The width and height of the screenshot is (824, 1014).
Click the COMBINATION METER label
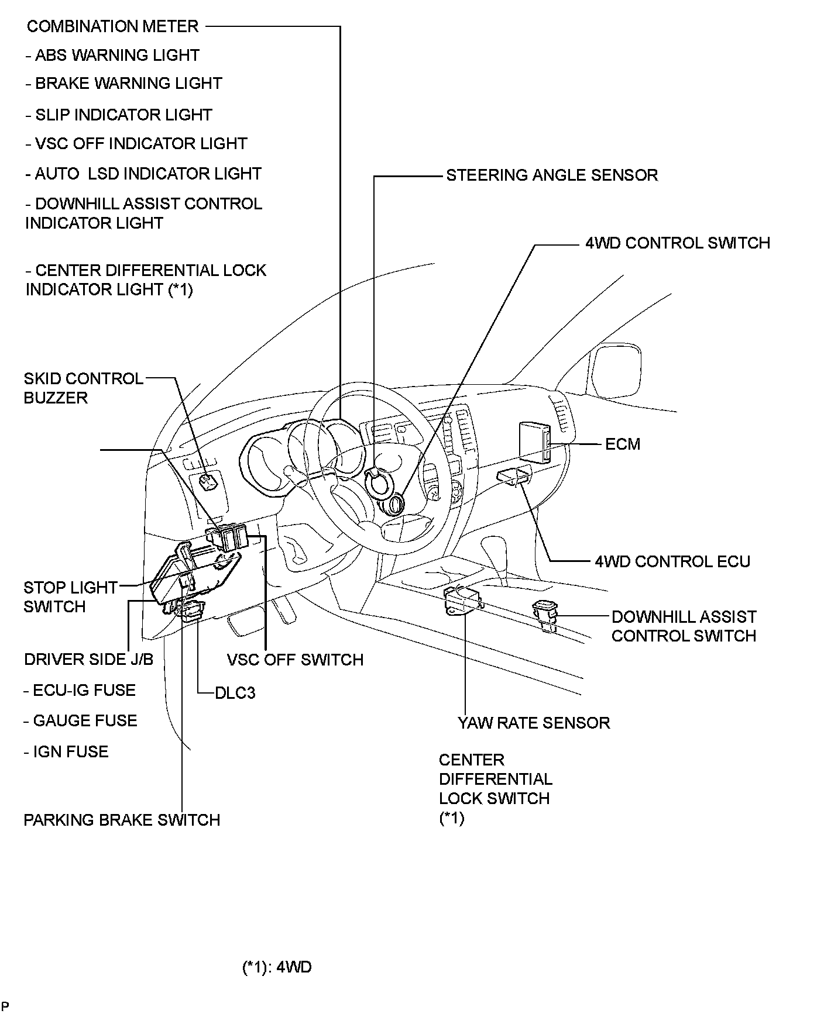click(x=113, y=26)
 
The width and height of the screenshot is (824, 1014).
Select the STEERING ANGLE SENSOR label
click(x=552, y=175)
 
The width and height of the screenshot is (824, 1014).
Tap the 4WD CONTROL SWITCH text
click(x=678, y=243)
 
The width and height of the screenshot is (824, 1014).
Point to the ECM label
click(x=623, y=444)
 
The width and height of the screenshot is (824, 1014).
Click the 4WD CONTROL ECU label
click(x=672, y=561)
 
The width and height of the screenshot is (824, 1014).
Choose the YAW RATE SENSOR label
click(x=534, y=723)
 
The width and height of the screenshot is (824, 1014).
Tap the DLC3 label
click(x=235, y=693)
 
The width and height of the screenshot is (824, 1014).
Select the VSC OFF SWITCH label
click(x=295, y=660)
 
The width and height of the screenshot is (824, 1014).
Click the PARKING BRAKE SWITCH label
click(x=122, y=820)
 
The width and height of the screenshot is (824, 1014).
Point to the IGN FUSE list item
click(x=66, y=751)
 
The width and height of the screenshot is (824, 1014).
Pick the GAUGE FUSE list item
click(x=81, y=720)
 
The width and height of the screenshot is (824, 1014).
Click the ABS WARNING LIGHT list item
click(x=112, y=55)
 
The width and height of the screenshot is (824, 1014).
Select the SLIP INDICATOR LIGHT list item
click(x=118, y=115)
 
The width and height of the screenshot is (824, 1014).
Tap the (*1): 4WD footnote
click(x=277, y=967)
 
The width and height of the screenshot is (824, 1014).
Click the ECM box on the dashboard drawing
click(x=534, y=443)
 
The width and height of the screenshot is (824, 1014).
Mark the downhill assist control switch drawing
click(x=545, y=616)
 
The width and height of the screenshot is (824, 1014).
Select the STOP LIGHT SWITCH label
click(x=70, y=596)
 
